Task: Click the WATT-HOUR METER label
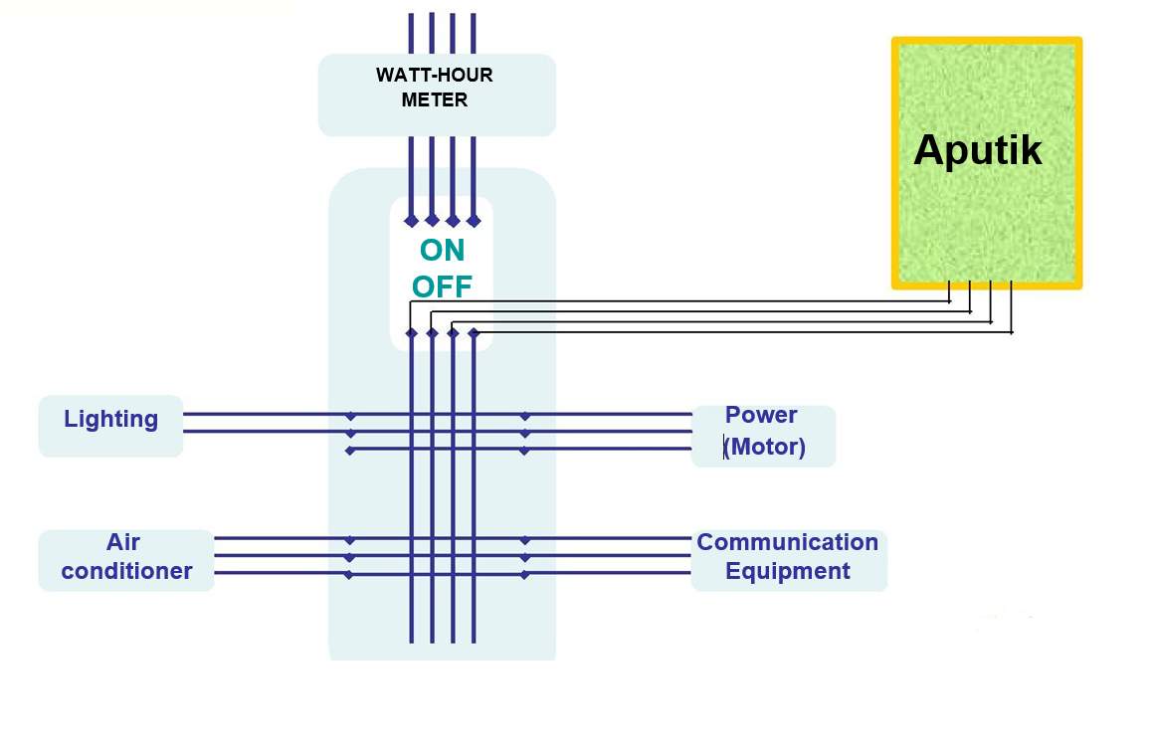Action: point(435,88)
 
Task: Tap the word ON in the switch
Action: point(442,250)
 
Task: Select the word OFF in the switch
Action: point(442,287)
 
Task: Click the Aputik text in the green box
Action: point(977,150)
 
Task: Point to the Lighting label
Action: point(110,419)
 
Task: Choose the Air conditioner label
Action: point(126,557)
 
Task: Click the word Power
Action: point(761,415)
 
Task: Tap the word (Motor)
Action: point(764,447)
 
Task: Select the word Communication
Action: point(787,542)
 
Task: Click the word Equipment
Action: point(787,571)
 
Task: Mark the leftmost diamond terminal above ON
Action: point(411,221)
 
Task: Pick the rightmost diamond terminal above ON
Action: point(474,221)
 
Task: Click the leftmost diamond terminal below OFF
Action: point(411,333)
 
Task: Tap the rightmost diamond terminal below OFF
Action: point(474,333)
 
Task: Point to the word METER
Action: point(435,100)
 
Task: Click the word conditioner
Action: point(126,571)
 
